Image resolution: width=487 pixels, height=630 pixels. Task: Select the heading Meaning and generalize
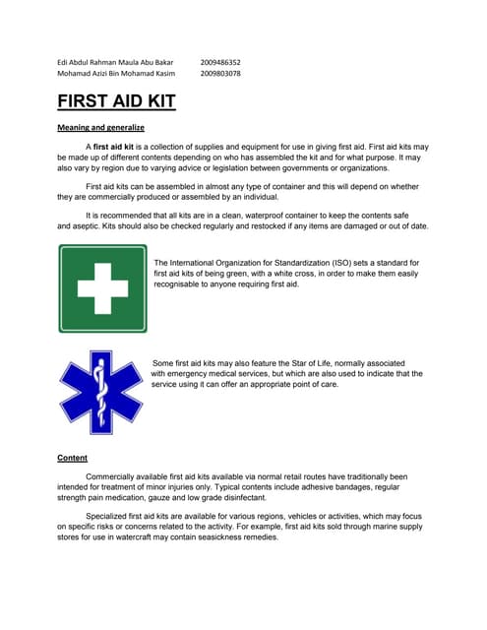click(x=100, y=128)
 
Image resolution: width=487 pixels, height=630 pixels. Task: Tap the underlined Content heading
click(x=73, y=458)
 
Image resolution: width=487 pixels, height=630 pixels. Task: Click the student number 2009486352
click(x=219, y=61)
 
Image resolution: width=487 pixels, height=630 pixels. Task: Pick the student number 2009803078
click(x=219, y=73)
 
